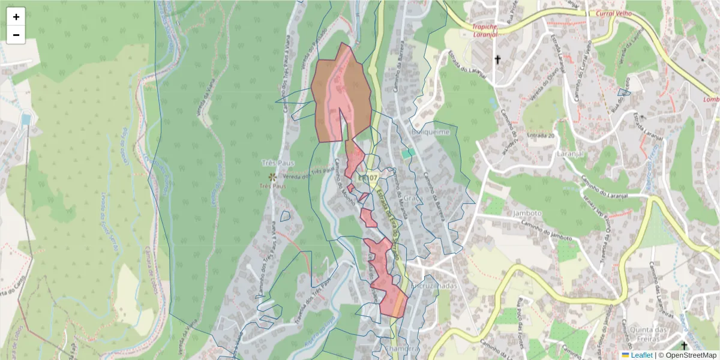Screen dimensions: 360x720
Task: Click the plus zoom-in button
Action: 16,17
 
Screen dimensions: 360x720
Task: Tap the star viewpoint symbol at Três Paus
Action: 272,177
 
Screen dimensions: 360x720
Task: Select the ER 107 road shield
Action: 367,178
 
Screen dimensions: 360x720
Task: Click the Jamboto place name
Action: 527,213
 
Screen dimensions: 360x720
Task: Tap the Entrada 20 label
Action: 541,136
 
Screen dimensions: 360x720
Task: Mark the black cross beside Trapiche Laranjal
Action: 497,59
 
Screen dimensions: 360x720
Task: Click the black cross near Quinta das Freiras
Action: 685,346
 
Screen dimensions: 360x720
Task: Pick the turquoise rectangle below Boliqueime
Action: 408,154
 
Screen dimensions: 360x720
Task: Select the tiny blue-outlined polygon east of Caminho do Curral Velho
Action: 624,92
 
